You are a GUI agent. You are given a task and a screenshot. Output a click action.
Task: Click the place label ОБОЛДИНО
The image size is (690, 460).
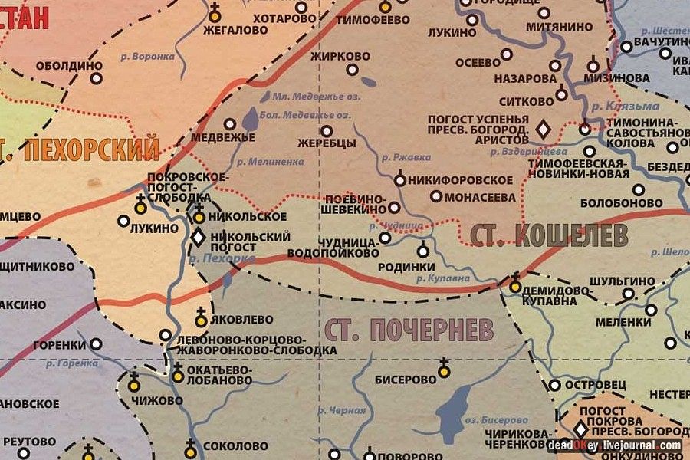tap(68, 67)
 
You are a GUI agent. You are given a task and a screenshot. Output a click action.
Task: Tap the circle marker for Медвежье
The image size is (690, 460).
tap(229, 123)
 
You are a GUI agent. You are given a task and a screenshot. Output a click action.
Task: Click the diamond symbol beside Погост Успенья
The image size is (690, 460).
tap(544, 130)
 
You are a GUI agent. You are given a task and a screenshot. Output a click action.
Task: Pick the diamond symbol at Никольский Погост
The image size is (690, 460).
tap(197, 237)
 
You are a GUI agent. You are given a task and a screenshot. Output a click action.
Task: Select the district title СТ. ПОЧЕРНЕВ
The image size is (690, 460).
tap(409, 330)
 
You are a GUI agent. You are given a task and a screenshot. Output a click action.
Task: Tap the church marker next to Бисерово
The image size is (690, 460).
tap(443, 371)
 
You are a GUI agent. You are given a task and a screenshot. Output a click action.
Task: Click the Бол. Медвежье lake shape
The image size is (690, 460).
tap(251, 120)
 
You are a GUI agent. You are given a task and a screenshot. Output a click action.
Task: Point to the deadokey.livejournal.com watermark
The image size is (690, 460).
tap(614, 445)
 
